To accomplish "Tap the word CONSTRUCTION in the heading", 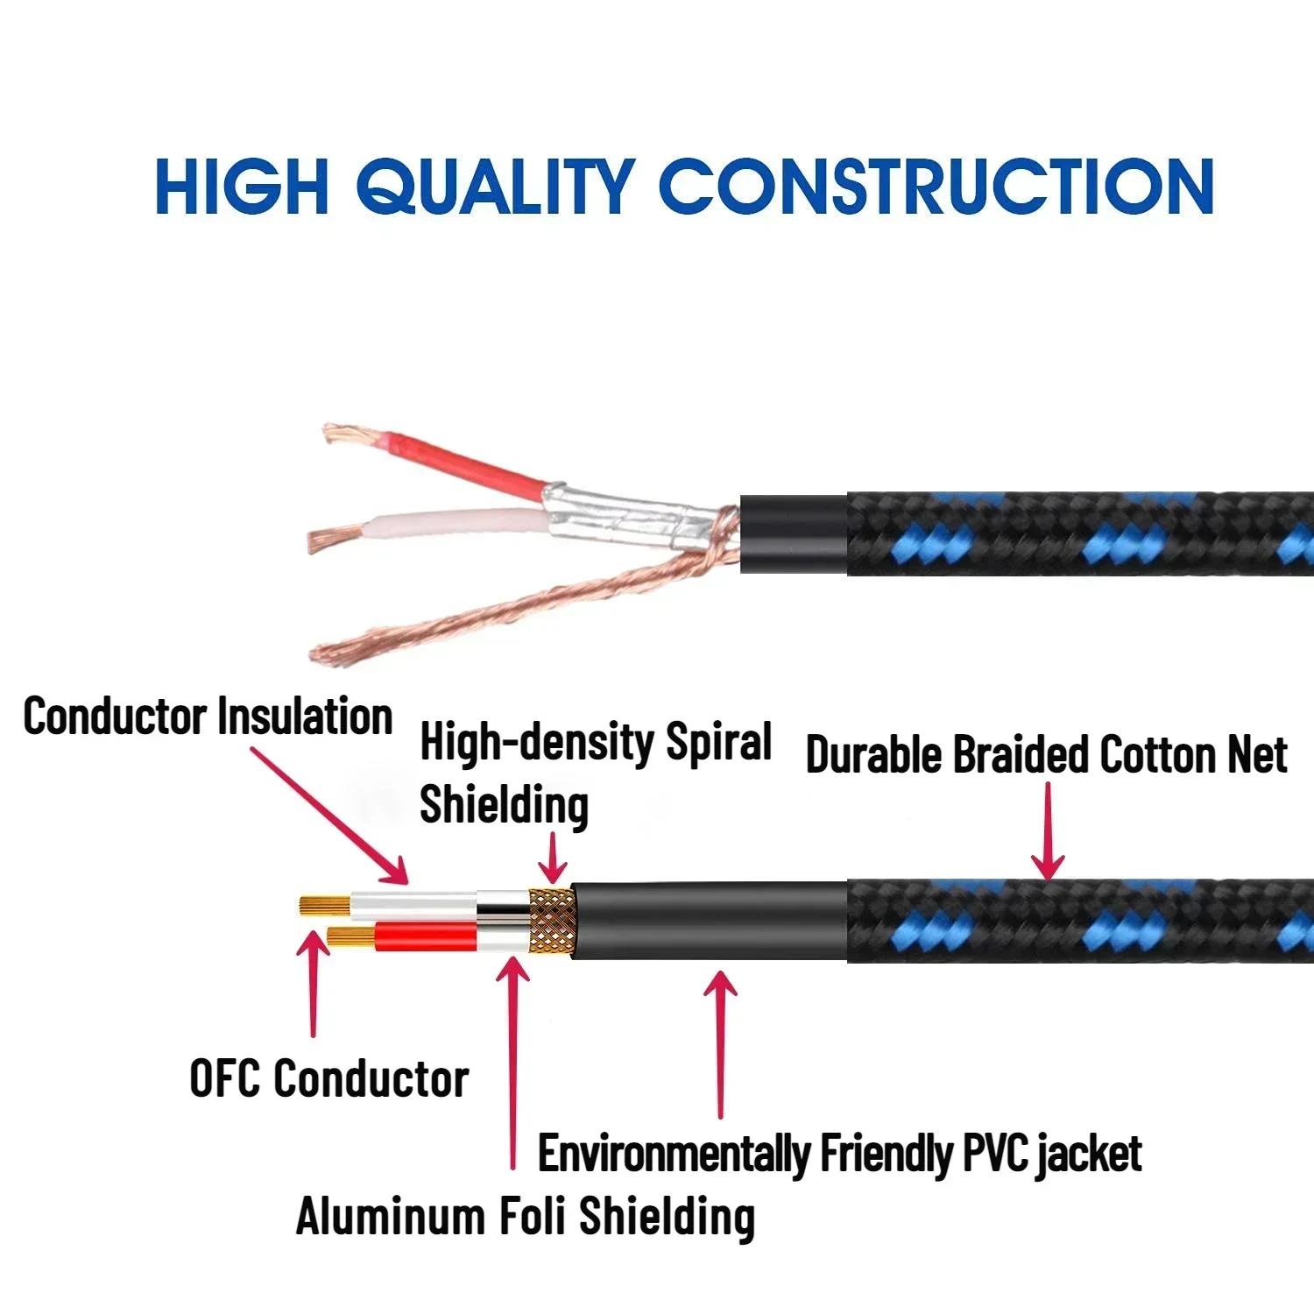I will tap(936, 187).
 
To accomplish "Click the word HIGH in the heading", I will tap(242, 187).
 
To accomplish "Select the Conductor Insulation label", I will tap(208, 717).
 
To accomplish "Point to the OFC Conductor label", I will tap(328, 1078).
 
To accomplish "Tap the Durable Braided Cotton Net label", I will tap(1046, 755).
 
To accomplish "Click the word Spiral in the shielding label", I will tap(718, 743).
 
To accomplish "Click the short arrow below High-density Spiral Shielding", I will tap(553, 858).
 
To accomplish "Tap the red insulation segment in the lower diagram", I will tap(425, 937).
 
